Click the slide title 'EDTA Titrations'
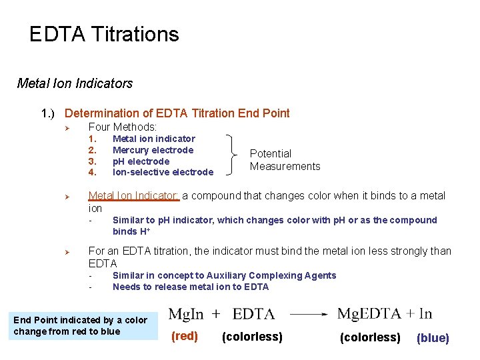coord(104,35)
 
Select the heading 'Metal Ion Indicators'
coord(75,84)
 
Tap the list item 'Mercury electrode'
coord(153,150)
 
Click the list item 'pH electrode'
coord(141,161)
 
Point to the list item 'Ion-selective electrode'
coord(163,173)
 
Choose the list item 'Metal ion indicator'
coord(154,139)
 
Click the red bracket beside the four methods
coord(233,155)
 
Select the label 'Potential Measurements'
coord(285,160)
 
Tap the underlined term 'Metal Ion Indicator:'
coord(134,196)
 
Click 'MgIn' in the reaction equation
coord(186,314)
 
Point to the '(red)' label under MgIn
coord(185,337)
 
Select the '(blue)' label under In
coord(433,338)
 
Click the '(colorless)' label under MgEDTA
coord(370,337)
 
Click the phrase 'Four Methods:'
coord(123,127)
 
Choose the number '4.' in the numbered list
coord(93,173)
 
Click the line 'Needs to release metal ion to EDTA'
coord(191,287)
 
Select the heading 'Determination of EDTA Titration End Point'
coord(177,113)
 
